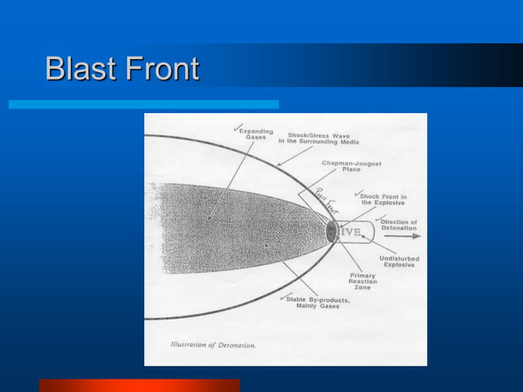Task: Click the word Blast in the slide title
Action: (80, 69)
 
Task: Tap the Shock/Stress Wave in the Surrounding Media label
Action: (324, 138)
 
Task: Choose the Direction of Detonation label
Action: (398, 225)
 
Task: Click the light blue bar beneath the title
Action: (143, 105)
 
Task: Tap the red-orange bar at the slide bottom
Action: (139, 385)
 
